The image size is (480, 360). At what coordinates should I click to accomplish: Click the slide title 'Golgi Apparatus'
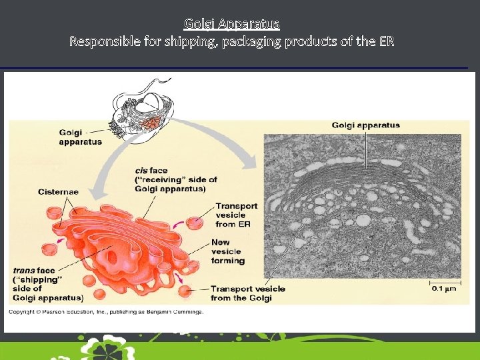pos(232,24)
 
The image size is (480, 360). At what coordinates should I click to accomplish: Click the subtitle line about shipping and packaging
pos(232,41)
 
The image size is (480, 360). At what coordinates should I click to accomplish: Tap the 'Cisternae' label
pos(58,192)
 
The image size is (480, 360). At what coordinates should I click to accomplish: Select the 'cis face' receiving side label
pos(175,179)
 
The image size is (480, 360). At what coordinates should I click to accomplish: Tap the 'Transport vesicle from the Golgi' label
pos(247,293)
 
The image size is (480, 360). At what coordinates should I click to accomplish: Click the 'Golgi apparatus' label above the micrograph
pos(366,125)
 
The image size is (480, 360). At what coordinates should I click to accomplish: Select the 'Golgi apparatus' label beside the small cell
pos(80,137)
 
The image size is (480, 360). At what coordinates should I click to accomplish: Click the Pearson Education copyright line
pos(107,311)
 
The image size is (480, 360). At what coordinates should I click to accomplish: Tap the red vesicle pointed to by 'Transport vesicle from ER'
pos(195,223)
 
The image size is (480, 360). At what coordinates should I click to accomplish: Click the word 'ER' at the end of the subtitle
pos(387,41)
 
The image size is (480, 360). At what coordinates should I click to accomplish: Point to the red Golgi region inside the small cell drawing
pos(153,123)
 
